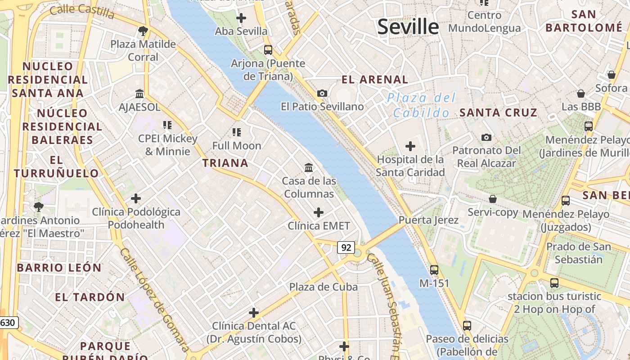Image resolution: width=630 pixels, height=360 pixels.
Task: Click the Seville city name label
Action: (x=408, y=27)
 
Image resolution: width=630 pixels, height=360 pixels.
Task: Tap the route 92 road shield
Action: (x=346, y=247)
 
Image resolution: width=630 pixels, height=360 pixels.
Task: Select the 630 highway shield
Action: (x=8, y=322)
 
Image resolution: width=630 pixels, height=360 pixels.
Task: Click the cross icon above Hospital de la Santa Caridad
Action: (x=410, y=146)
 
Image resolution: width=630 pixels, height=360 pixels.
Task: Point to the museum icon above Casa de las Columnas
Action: (x=309, y=167)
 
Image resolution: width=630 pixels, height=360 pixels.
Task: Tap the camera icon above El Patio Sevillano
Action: (x=322, y=93)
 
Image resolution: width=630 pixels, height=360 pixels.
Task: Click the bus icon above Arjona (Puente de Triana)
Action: (x=268, y=49)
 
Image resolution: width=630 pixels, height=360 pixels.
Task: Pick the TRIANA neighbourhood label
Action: (x=225, y=163)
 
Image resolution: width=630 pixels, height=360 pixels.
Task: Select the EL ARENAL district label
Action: (x=375, y=80)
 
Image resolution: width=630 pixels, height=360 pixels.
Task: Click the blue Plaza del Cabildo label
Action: (x=422, y=105)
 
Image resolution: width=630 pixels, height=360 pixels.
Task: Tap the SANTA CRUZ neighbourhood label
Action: (x=498, y=112)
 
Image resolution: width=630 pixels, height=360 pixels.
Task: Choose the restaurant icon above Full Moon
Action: (x=237, y=132)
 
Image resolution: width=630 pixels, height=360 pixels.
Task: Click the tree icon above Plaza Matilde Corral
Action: (x=143, y=31)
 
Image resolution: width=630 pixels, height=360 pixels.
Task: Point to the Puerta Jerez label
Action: (x=428, y=220)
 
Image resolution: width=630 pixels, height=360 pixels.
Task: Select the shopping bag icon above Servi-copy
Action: (x=493, y=198)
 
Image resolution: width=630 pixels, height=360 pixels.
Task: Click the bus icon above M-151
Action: (x=434, y=270)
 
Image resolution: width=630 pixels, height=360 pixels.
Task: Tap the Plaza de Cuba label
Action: (x=324, y=287)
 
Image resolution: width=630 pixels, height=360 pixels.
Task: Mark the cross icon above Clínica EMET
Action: (x=319, y=212)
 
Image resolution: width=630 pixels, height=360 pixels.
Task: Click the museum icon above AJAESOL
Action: (x=139, y=94)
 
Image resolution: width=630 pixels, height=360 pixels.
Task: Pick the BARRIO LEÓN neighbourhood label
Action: (x=59, y=268)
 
